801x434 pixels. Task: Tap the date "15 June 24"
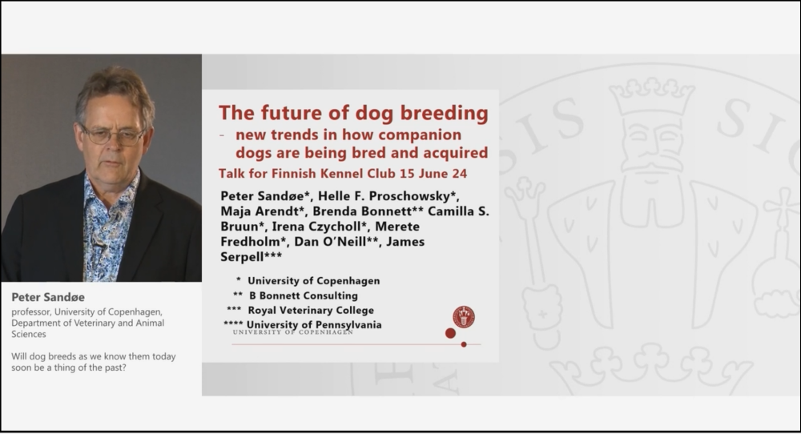(433, 174)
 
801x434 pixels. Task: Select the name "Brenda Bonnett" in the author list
(362, 211)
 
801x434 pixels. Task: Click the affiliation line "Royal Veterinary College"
(311, 310)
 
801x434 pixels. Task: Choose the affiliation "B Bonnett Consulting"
(304, 295)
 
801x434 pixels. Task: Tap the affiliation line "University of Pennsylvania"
(314, 325)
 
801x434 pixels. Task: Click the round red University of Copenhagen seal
(463, 317)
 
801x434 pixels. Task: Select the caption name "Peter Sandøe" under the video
(48, 297)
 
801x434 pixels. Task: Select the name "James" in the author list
(405, 242)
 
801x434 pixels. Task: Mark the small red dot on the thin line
(464, 344)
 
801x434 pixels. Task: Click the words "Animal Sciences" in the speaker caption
(88, 328)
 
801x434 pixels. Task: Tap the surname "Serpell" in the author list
(242, 257)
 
